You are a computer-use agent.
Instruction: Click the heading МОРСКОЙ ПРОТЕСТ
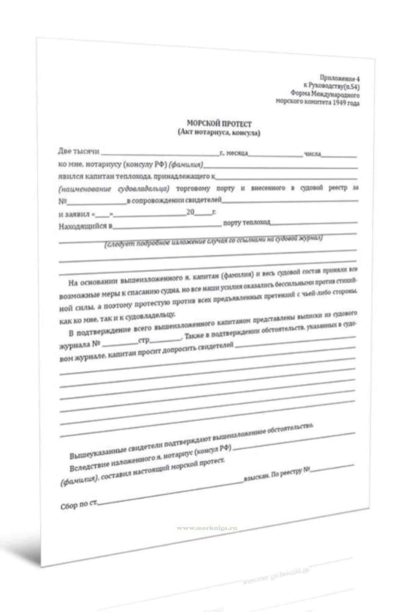click(x=219, y=124)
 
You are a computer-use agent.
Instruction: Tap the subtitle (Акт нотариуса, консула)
click(x=219, y=133)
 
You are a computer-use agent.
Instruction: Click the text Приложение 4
click(x=339, y=78)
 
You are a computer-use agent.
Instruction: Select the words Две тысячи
click(x=79, y=151)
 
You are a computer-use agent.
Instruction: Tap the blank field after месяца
click(x=276, y=155)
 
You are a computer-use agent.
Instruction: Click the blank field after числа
click(x=340, y=155)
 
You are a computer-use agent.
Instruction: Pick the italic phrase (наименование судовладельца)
click(x=114, y=189)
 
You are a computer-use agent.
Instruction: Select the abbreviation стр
click(x=144, y=341)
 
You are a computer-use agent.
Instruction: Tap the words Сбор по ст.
click(x=79, y=506)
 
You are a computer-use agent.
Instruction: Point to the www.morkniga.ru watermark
click(x=207, y=528)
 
